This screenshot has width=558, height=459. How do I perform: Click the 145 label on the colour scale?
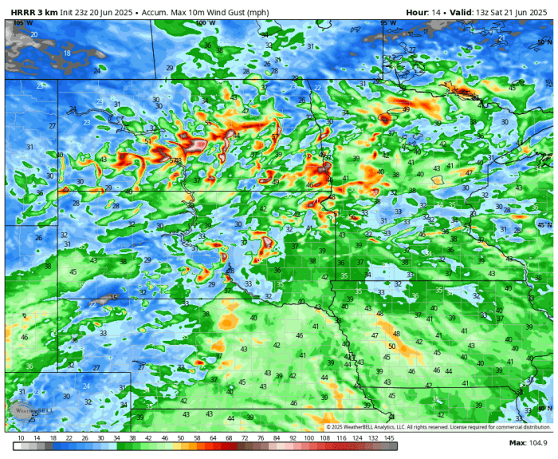click(390, 437)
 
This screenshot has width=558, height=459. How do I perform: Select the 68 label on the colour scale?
click(229, 437)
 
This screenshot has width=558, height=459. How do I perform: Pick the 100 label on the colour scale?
click(308, 437)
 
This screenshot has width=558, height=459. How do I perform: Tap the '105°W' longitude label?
click(23, 22)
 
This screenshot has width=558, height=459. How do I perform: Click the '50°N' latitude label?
click(544, 41)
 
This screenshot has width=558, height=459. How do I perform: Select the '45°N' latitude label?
click(544, 225)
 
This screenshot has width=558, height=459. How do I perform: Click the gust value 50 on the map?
click(391, 346)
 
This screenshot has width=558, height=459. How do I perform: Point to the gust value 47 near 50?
click(375, 335)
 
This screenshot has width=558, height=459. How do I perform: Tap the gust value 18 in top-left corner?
click(67, 53)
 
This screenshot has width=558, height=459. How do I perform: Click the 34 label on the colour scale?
click(116, 437)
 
